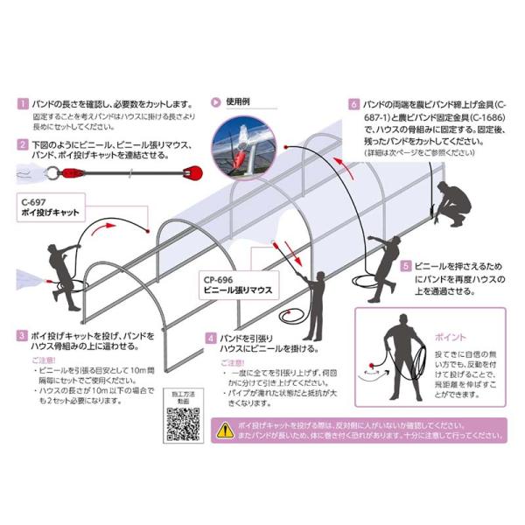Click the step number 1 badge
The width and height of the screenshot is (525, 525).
(23, 103)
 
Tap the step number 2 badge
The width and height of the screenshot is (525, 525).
(23, 144)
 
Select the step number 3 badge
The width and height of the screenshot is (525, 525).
(23, 335)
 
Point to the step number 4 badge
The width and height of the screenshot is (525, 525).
(211, 337)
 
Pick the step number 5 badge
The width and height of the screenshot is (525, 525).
(406, 266)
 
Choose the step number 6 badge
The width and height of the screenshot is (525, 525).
(354, 102)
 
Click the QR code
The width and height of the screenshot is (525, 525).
(183, 424)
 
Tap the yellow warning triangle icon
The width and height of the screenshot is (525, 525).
(223, 426)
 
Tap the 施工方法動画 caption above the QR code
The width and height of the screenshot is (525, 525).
(183, 395)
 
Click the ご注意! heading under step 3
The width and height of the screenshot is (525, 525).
(42, 360)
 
